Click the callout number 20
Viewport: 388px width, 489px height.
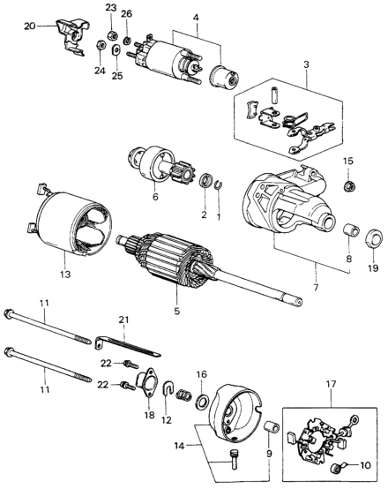click(x=30, y=26)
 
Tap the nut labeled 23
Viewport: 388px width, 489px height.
click(x=112, y=35)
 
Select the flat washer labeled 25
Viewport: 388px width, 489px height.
click(x=116, y=50)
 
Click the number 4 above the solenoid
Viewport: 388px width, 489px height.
click(x=196, y=18)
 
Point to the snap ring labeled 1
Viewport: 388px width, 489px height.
click(x=219, y=184)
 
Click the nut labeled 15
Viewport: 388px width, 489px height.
click(x=350, y=186)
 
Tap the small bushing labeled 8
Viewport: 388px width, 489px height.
click(x=351, y=230)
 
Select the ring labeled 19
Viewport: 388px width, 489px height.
click(x=374, y=239)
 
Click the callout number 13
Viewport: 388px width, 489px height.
click(x=66, y=275)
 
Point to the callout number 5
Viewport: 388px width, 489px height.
click(x=177, y=311)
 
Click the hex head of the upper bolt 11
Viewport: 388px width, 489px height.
click(x=8, y=313)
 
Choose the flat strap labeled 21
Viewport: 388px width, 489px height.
click(x=128, y=346)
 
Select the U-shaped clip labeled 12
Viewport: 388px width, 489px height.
click(x=168, y=388)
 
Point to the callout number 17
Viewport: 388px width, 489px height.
click(x=332, y=384)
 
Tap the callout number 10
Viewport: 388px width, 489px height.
click(x=365, y=465)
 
